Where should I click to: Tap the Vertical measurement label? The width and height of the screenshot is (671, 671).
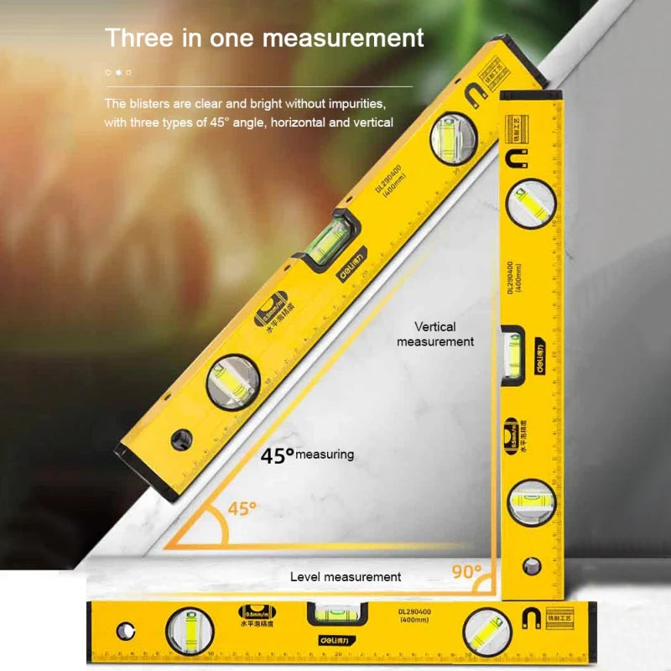coord(435,334)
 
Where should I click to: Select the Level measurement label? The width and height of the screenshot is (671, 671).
coord(346,577)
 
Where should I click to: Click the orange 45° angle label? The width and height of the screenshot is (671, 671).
coord(242,508)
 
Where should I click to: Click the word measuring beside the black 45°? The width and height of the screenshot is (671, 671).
coord(325,455)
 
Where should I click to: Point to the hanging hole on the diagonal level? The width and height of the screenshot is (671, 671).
coord(179,438)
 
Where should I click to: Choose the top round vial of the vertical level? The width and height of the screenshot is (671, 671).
coord(532,204)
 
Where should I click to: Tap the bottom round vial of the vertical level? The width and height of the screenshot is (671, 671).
coord(531,502)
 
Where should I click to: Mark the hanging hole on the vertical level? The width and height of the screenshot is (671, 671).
coord(531,566)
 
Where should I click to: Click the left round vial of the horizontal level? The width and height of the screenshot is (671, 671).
coord(190,630)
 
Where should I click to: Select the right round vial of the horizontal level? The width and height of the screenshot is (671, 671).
coord(486,630)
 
